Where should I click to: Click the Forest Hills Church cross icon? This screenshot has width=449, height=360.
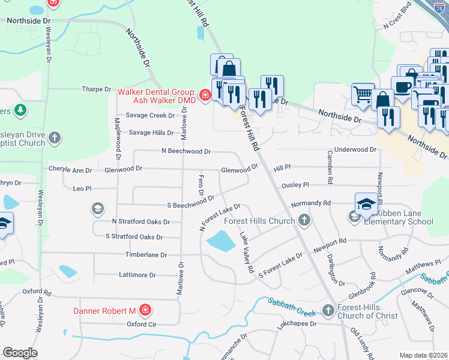click(x=304, y=220)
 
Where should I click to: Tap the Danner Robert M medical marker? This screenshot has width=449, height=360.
click(x=145, y=310)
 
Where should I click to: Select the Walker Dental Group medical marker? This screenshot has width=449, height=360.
click(x=205, y=95)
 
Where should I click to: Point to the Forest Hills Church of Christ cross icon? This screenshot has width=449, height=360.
click(x=328, y=310)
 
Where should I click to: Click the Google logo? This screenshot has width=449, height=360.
click(x=20, y=353)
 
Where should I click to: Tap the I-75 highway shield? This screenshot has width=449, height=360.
click(x=441, y=6)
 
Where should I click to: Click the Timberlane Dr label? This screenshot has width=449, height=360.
click(x=146, y=255)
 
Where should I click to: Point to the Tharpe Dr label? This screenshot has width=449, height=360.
click(x=97, y=89)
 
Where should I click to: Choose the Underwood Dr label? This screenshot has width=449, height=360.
click(x=355, y=149)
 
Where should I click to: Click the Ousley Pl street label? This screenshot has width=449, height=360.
click(x=295, y=185)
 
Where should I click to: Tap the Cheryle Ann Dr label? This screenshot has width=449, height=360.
click(x=70, y=170)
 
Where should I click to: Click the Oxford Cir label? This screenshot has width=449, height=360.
click(x=142, y=324)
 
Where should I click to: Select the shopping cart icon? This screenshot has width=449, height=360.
click(x=363, y=94)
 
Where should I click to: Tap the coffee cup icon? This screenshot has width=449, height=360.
click(x=402, y=86)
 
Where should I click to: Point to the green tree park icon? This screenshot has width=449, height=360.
click(x=21, y=110)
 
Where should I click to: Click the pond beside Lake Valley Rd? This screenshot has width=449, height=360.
click(x=220, y=242)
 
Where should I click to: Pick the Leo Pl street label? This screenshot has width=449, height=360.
click(x=82, y=188)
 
